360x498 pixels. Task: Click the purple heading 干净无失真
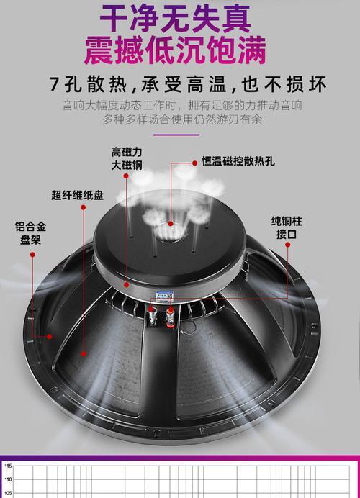coord(176,18)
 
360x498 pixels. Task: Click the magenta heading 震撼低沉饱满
coord(175,50)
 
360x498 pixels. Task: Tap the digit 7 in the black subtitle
coord(55,84)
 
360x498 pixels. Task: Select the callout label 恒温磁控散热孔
coord(238,161)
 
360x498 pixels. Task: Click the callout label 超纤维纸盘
coord(78,195)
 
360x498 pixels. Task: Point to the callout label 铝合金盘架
coord(30,232)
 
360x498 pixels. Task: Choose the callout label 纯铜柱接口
coord(287,227)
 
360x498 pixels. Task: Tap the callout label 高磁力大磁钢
coord(127,158)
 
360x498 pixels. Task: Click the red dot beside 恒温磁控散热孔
coord(195,163)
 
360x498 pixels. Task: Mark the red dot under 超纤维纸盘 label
coord(84,207)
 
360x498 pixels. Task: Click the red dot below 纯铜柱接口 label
coord(287,245)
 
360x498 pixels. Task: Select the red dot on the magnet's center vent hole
coord(171,224)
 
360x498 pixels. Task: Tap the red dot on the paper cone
coord(84,353)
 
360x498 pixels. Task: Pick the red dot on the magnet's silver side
coord(127,284)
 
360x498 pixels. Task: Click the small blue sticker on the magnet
coord(164,294)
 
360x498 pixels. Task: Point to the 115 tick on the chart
coord(8,466)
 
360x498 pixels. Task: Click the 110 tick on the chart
coord(8,479)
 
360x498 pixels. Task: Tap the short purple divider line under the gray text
coord(176,135)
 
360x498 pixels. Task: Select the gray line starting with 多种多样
coord(182,119)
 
